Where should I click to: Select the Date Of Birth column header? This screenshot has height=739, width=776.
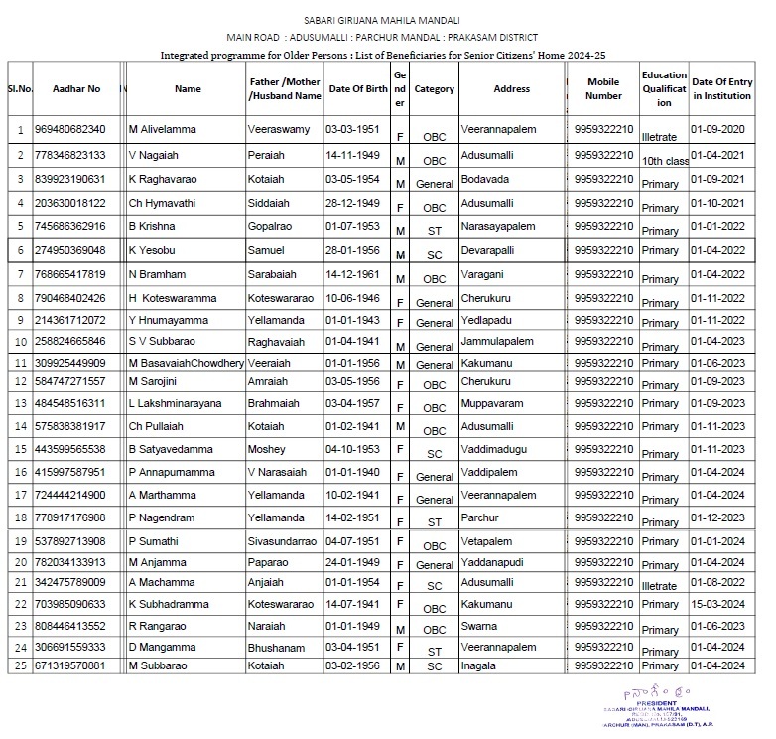click(x=358, y=89)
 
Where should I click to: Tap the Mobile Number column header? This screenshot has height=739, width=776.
click(x=603, y=89)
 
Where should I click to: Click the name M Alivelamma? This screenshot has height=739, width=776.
click(x=163, y=130)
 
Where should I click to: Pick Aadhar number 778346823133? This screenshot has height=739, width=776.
click(x=69, y=155)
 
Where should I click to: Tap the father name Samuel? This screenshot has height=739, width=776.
click(x=266, y=250)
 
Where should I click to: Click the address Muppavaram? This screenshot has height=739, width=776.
click(x=493, y=404)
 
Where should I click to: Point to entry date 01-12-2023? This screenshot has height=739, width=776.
click(x=716, y=518)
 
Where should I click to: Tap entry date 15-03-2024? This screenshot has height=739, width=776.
click(x=716, y=604)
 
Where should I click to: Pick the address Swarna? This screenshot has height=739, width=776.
click(x=479, y=627)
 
